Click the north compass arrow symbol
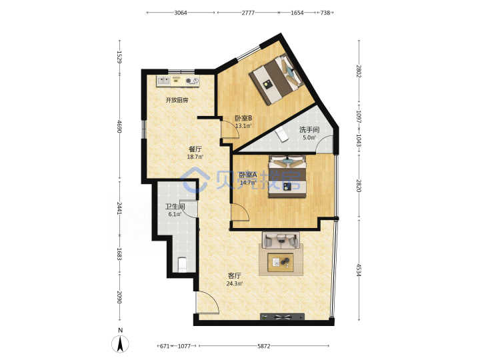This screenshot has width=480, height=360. [120, 343]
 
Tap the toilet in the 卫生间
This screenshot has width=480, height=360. [183, 265]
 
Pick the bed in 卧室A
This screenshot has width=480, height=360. [287, 176]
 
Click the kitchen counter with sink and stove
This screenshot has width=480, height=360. [178, 81]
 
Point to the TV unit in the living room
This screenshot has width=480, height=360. [282, 317]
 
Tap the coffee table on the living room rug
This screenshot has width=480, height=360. [281, 263]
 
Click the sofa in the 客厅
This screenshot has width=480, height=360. [281, 240]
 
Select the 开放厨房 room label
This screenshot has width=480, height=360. [177, 100]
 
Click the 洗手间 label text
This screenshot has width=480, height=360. [309, 130]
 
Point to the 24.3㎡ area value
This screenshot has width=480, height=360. [235, 284]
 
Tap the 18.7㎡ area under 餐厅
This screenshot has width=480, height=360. [195, 157]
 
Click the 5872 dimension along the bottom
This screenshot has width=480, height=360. [263, 346]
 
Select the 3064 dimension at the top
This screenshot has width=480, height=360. [181, 13]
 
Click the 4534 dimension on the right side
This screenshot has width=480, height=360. [359, 270]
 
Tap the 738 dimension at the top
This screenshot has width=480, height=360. [325, 13]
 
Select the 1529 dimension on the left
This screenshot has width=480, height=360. [120, 57]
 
